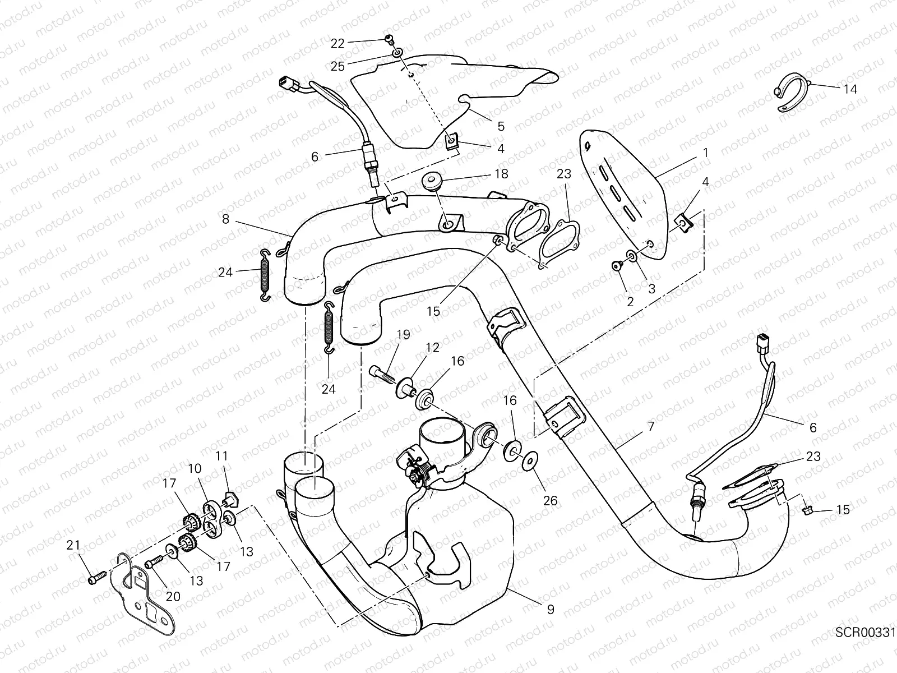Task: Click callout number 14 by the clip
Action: pos(849,89)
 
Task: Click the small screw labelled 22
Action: pos(388,39)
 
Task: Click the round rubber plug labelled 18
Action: pos(432,183)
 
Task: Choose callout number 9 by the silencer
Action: pos(550,609)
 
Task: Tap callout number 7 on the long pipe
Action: pos(650,427)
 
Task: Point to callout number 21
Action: pos(73,545)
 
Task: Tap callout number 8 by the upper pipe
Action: pos(225,219)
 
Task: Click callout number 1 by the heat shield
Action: pos(705,153)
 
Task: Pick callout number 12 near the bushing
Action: pos(432,348)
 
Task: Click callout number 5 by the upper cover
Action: pos(501,126)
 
